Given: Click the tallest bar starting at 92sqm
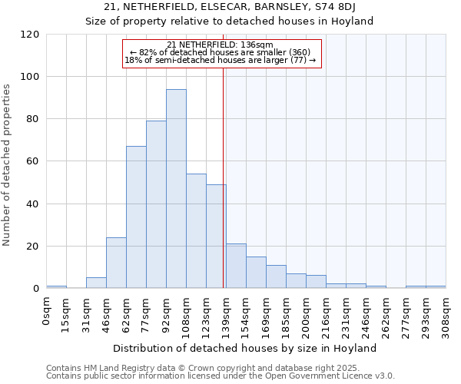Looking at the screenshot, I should [x=176, y=189].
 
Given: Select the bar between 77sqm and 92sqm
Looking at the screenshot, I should [x=156, y=204].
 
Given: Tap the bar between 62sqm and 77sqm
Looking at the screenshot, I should [x=136, y=217].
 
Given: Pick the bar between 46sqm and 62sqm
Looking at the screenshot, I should [x=116, y=263].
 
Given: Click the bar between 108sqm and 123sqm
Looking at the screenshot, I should [x=196, y=231].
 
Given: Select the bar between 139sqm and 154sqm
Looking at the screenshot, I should [x=236, y=266].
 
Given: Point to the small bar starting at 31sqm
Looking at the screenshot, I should [x=96, y=283].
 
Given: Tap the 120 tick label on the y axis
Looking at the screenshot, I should [x=30, y=35].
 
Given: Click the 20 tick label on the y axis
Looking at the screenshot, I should [x=33, y=247].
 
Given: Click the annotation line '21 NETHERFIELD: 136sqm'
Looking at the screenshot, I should [x=220, y=45].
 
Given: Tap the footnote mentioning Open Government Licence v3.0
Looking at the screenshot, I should [x=220, y=376].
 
